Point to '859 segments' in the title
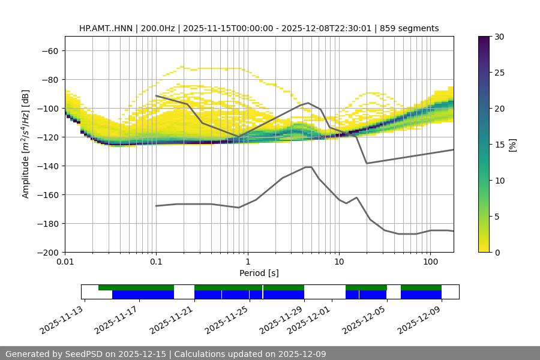(x=412, y=28)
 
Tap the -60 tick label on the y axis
(x=49, y=50)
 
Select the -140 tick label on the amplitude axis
(x=47, y=166)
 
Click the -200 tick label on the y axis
(x=47, y=252)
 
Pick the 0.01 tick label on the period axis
(x=65, y=262)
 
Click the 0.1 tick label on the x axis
(x=156, y=262)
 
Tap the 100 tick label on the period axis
(x=430, y=262)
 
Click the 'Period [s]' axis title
(x=259, y=273)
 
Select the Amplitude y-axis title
(x=26, y=144)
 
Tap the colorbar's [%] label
(x=512, y=145)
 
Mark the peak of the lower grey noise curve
(x=308, y=167)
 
